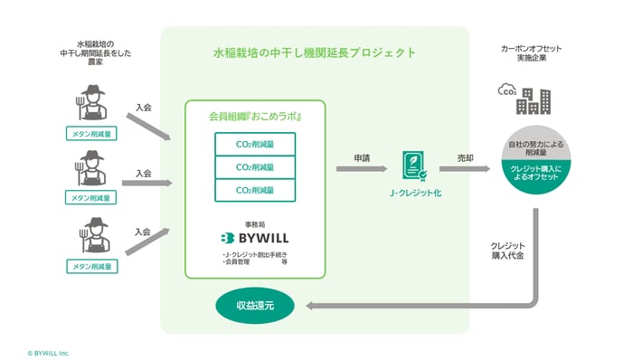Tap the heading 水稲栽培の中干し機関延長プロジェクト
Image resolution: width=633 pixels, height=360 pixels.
(314, 52)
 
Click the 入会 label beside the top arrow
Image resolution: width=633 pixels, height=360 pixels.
(143, 107)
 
